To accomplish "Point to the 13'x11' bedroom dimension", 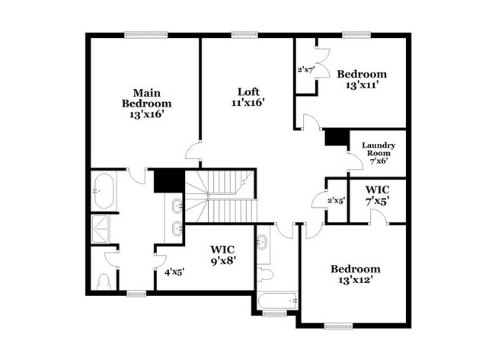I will tap(362, 86).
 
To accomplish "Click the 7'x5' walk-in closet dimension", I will tap(377, 201).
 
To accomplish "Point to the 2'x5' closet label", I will tap(336, 201).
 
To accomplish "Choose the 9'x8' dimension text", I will tap(223, 261).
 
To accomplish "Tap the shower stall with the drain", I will tap(101, 227).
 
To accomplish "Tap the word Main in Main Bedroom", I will tap(147, 90).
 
